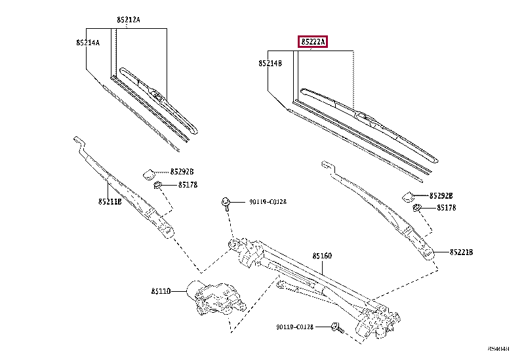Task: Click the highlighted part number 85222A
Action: point(312,42)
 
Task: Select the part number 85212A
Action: point(129,20)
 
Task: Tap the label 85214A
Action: point(87,43)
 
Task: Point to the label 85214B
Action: point(270,64)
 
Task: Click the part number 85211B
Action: point(110,202)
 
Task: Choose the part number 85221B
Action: point(461,252)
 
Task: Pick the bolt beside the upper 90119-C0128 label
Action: point(225,202)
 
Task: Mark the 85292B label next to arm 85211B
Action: point(182,172)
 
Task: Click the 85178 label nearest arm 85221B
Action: point(442,208)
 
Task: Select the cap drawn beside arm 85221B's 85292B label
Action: point(407,195)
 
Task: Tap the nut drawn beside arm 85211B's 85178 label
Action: point(157,186)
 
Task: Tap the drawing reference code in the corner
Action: point(498,350)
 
